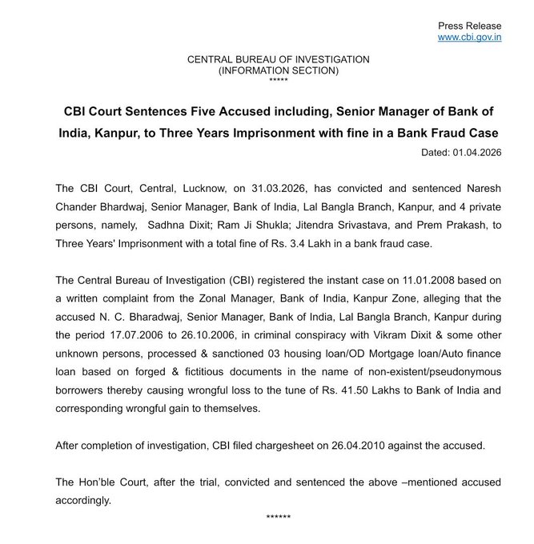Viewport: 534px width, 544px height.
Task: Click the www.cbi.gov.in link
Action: (x=469, y=37)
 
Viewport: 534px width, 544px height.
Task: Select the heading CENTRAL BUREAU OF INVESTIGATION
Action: (x=278, y=59)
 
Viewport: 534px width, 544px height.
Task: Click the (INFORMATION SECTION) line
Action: (x=278, y=70)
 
